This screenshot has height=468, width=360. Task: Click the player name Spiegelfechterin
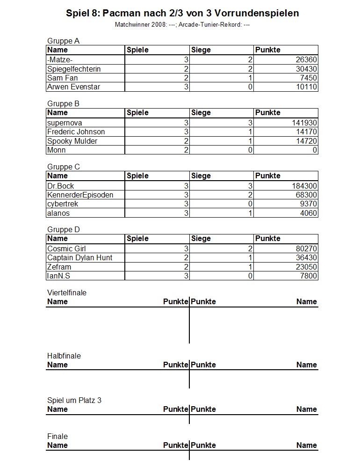click(74, 69)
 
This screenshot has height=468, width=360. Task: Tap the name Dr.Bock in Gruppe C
click(61, 186)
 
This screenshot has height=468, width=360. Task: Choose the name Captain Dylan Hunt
click(79, 258)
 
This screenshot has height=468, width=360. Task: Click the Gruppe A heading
click(63, 41)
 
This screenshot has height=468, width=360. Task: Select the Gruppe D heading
click(64, 229)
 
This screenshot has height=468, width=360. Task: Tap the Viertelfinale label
click(67, 293)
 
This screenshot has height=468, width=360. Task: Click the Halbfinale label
click(64, 356)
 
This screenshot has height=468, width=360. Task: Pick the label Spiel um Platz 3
click(74, 401)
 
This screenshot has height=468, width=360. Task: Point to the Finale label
click(58, 437)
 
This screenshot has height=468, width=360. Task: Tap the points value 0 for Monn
click(315, 150)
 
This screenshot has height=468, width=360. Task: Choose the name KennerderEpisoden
click(80, 195)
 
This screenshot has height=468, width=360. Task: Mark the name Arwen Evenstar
click(73, 87)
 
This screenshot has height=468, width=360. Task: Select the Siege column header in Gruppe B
click(201, 113)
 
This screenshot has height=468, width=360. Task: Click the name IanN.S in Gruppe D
click(58, 276)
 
